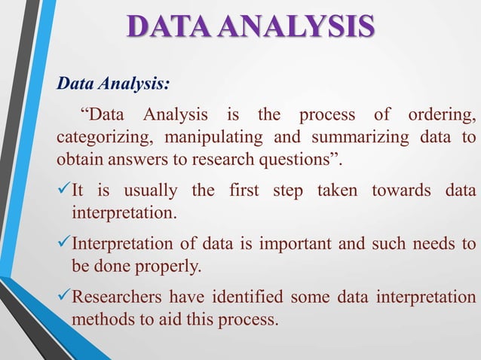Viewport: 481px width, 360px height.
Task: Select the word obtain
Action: tap(78, 160)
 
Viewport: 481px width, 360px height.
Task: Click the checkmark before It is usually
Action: tap(63, 191)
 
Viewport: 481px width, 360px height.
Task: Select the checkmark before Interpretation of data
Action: tap(63, 244)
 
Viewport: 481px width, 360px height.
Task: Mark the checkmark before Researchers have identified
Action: tap(63, 297)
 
